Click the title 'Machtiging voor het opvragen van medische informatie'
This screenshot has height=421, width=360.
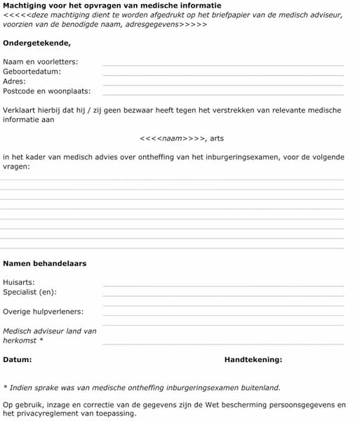click(x=112, y=6)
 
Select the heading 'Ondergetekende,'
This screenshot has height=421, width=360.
click(x=36, y=43)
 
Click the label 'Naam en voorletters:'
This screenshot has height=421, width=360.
click(x=41, y=62)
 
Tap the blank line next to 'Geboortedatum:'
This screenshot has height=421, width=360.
click(x=223, y=74)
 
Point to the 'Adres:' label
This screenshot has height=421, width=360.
click(x=15, y=81)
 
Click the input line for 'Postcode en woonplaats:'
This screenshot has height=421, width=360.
click(x=223, y=94)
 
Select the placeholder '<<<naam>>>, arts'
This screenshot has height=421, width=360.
click(x=182, y=138)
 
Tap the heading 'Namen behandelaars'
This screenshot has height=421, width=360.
click(x=45, y=264)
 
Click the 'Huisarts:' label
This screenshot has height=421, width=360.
click(x=19, y=282)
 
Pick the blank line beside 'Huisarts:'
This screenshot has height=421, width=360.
click(x=223, y=286)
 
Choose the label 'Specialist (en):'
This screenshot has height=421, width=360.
click(x=30, y=292)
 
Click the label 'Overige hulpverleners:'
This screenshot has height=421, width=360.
click(x=43, y=312)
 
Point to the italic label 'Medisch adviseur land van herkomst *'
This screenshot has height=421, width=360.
click(x=49, y=335)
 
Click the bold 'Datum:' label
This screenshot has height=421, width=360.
click(x=17, y=360)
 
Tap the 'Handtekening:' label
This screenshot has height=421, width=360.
click(x=253, y=360)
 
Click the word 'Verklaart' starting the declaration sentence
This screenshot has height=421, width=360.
click(x=20, y=110)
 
